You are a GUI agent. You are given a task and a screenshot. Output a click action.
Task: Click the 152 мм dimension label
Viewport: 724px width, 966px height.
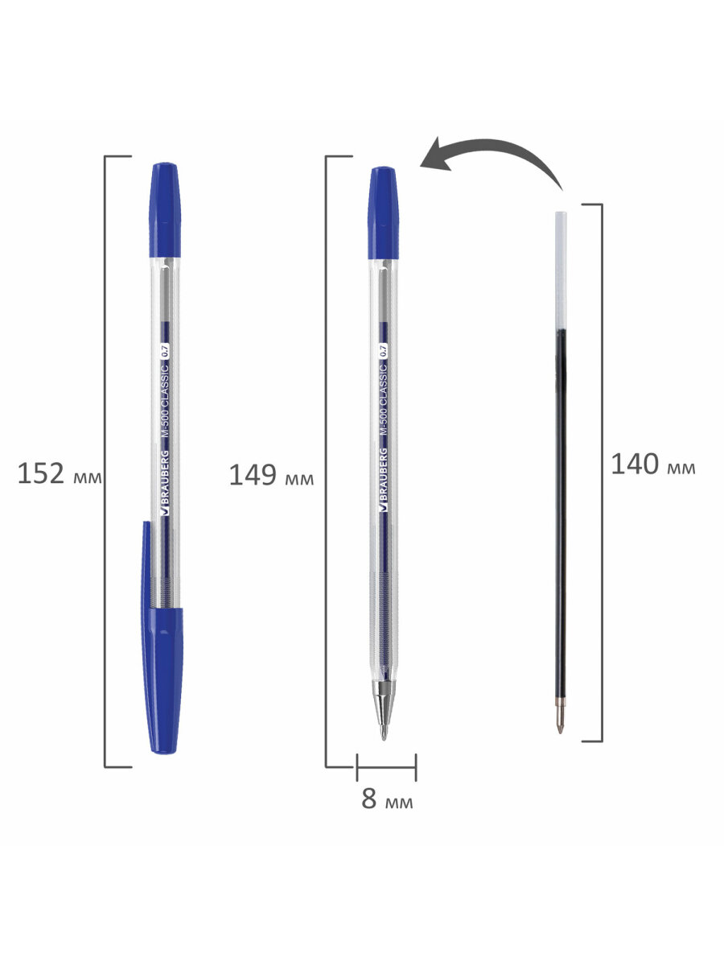tap(60, 474)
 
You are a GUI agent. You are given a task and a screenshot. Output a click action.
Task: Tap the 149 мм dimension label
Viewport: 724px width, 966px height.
tap(271, 475)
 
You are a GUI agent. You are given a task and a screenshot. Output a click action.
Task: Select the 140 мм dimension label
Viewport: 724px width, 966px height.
tap(653, 464)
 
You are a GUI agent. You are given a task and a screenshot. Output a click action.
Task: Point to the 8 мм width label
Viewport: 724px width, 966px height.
tap(387, 799)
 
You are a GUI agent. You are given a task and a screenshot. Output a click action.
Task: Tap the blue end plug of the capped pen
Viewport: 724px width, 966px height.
tap(165, 210)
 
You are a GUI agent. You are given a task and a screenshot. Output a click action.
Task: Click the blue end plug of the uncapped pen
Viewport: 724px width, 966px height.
tap(384, 213)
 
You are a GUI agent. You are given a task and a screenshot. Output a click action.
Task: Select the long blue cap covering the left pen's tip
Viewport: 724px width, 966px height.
tap(162, 638)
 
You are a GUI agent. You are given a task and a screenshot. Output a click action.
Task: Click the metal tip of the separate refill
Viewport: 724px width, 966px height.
tap(560, 716)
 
